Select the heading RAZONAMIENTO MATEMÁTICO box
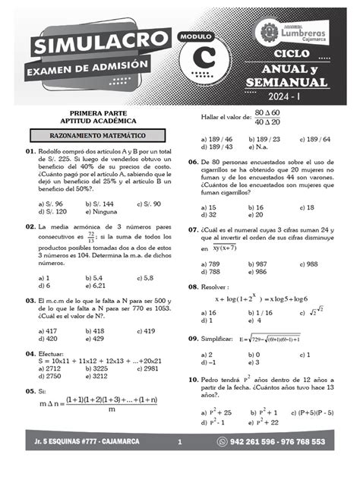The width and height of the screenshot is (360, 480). pyautogui.click(x=89, y=135)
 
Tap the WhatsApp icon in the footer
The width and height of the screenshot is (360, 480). pyautogui.click(x=222, y=441)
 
